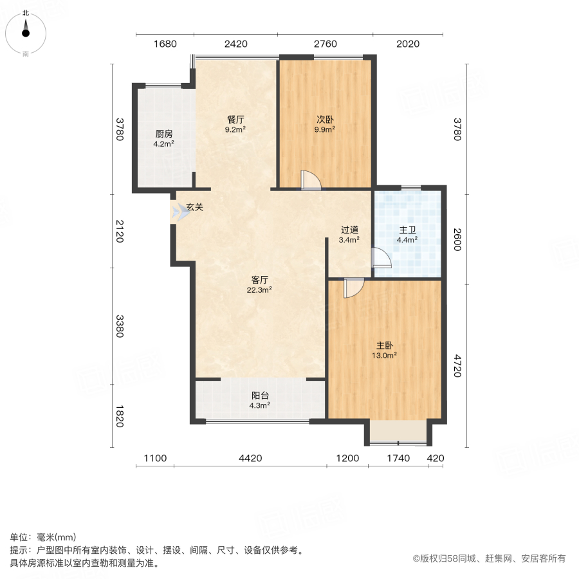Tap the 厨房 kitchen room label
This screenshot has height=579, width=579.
coord(164,134)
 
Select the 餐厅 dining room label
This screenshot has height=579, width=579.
coord(235,120)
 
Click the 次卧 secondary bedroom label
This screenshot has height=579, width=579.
coord(325,120)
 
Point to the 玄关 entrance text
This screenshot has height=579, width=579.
coord(195,208)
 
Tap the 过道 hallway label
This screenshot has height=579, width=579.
coord(349,230)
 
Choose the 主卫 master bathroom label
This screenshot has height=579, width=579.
coord(408,230)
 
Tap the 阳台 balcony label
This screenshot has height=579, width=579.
coord(259,396)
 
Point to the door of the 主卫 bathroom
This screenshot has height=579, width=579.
coord(381,258)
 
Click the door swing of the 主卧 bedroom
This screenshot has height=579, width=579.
coord(353,287)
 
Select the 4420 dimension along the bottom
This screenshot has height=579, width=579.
coord(250,459)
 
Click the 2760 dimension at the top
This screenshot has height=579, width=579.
coord(325,44)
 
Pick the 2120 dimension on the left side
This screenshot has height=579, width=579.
coord(119,230)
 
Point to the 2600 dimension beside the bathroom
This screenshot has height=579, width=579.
coord(457,239)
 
